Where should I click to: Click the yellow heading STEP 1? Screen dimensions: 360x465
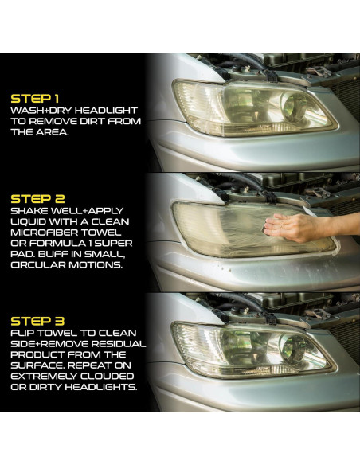coord(35,99)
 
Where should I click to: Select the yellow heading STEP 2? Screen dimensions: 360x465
coord(37,199)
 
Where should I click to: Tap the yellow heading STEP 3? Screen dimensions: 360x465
coord(37,321)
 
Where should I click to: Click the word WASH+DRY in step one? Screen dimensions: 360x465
coord(41,111)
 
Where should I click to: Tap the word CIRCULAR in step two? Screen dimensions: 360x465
coord(38,265)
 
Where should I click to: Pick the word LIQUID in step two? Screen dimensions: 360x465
coord(28,222)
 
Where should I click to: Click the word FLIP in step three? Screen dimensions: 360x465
coord(22,333)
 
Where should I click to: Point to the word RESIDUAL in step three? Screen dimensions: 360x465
coord(119,344)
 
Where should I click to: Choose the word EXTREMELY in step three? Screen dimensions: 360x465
coord(41,377)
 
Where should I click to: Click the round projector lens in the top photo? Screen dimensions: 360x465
coord(295,107)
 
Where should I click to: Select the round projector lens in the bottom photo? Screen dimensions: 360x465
coord(295,349)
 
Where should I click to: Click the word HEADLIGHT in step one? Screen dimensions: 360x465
coord(106,111)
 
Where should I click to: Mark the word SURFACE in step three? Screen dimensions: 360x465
coord(37,365)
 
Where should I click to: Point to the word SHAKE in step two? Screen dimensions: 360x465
coord(29,211)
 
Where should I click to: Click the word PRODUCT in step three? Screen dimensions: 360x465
coord(37,354)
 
